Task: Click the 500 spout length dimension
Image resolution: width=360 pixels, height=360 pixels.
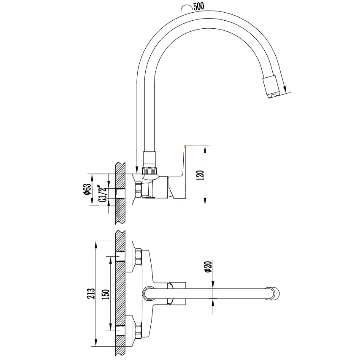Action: pos(199,6)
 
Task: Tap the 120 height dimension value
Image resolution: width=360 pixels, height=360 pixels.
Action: pos(200,175)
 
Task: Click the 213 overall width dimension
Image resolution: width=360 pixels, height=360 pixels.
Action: pos(91,293)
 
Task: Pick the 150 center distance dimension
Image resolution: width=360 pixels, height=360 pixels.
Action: pos(106,294)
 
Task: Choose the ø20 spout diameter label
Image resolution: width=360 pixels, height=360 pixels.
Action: pos(208,267)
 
